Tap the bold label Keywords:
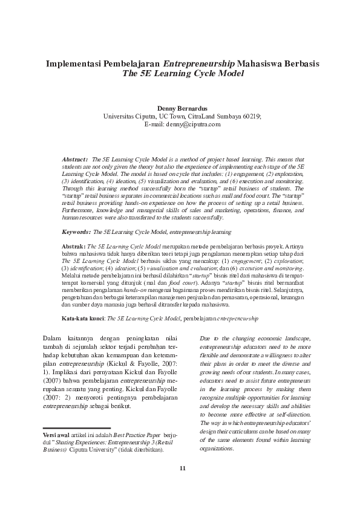pyautogui.click(x=77, y=232)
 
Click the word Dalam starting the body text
pyautogui.click(x=54, y=338)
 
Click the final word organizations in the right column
pyautogui.click(x=217, y=449)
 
